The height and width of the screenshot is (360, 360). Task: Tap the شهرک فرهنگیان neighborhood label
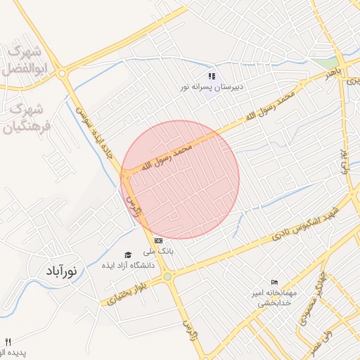(28, 119)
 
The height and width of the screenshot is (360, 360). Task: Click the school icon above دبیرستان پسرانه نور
(211, 76)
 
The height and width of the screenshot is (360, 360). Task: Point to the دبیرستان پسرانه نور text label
(210, 88)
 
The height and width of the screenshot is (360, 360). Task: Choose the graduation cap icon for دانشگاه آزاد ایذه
(127, 255)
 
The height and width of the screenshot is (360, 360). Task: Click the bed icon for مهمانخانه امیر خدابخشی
(274, 281)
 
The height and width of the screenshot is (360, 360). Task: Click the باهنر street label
(332, 73)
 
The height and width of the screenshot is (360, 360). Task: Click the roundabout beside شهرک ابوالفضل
(63, 73)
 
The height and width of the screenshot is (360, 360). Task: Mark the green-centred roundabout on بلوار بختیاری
(167, 277)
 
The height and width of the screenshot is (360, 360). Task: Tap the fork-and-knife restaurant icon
(8, 342)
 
